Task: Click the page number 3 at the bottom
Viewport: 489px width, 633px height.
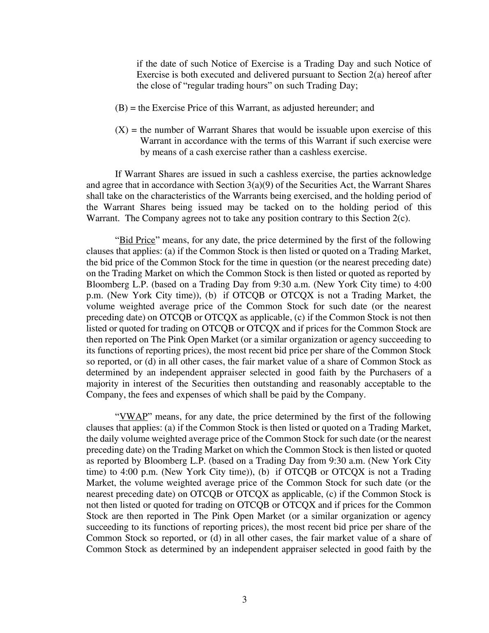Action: (x=244, y=599)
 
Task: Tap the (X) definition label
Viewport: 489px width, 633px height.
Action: (x=121, y=130)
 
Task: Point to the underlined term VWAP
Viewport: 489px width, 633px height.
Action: (x=133, y=416)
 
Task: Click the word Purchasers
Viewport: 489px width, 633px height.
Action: (x=393, y=373)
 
